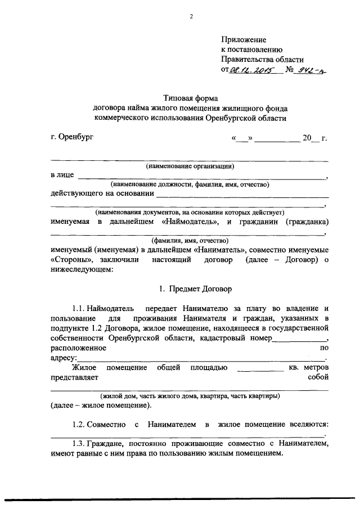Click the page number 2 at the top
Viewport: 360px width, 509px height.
point(191,16)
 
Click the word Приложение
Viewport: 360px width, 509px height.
point(243,39)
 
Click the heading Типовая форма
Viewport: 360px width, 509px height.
point(190,98)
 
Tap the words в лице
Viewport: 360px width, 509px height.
point(62,175)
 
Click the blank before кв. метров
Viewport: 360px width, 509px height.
point(260,368)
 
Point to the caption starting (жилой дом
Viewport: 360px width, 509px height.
point(190,395)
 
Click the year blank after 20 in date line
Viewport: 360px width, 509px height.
point(316,138)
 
